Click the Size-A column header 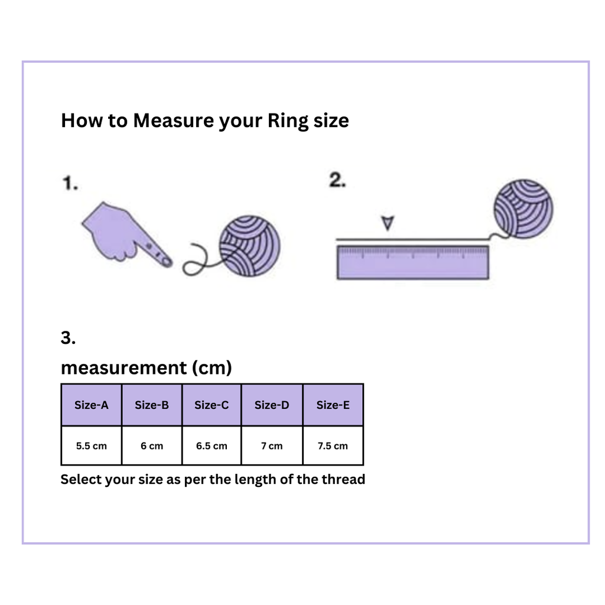point(91,405)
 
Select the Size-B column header point(152,405)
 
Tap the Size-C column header point(212,405)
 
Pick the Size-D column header point(272,405)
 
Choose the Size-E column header point(333,405)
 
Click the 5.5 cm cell point(91,445)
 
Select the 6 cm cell point(152,445)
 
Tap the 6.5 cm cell point(212,445)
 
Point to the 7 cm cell point(272,445)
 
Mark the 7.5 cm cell point(333,445)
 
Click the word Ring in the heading point(288,121)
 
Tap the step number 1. point(70,183)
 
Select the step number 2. point(337,180)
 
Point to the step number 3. point(68,337)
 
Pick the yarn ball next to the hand point(250,246)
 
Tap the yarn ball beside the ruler point(523,209)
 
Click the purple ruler point(413,262)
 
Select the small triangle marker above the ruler point(388,223)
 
